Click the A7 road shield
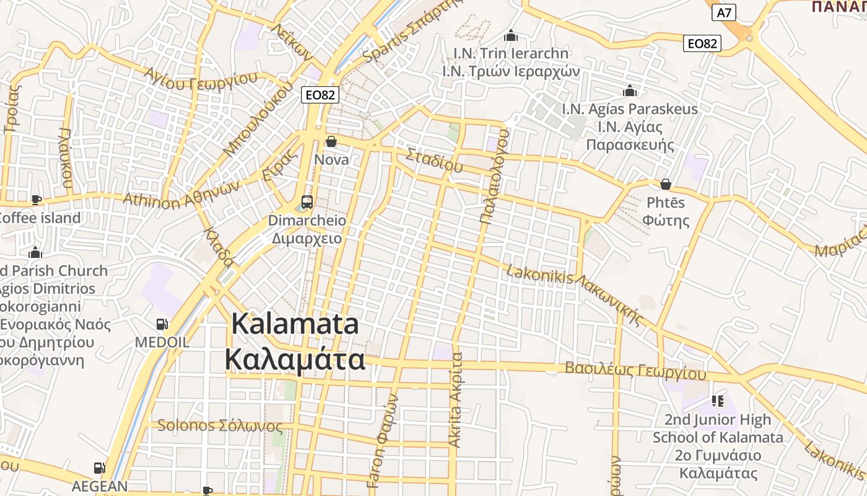click(x=723, y=12)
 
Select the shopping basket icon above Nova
click(x=331, y=141)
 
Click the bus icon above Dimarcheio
click(x=307, y=201)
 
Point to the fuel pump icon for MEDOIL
click(x=162, y=324)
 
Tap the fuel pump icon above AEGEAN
click(x=99, y=468)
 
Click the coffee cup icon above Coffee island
click(x=37, y=200)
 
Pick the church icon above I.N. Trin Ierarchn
click(x=510, y=35)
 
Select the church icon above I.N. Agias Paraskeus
click(x=630, y=91)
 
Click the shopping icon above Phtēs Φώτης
click(x=666, y=184)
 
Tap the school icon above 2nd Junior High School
click(x=718, y=401)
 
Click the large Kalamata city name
click(x=295, y=342)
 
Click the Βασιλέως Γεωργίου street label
click(x=635, y=371)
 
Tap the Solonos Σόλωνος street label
click(x=220, y=426)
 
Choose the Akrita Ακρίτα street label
click(x=456, y=400)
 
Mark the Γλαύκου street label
click(x=66, y=158)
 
